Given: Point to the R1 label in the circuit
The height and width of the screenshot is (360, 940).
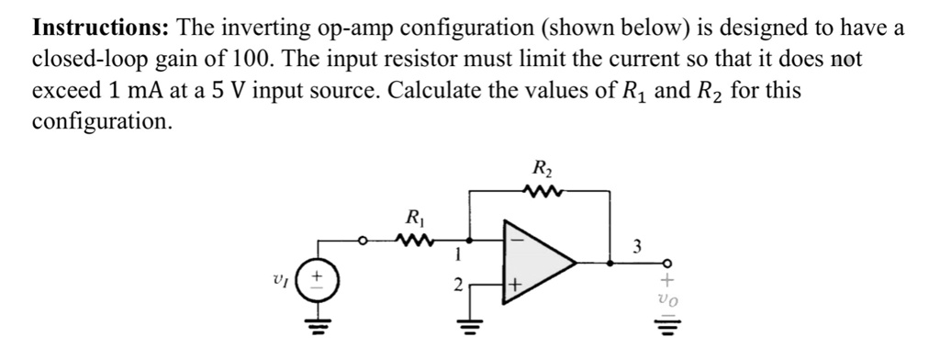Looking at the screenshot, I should pos(414,219).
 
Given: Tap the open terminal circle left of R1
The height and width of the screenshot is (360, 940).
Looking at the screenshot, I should pos(363,243).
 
